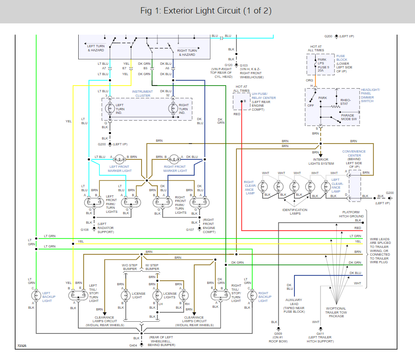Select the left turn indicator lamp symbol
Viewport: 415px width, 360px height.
tap(110, 108)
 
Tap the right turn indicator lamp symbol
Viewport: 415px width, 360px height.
tap(173, 108)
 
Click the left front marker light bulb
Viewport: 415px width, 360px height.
tap(119, 159)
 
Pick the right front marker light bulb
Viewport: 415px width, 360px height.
tap(174, 159)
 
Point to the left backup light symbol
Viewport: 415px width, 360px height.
tap(36, 295)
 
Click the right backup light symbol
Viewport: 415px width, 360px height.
tap(252, 295)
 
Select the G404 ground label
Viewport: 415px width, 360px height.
tap(133, 346)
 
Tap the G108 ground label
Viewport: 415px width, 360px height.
tap(85, 229)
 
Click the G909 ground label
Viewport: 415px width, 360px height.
tap(278, 334)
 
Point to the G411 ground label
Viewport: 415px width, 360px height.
tap(320, 334)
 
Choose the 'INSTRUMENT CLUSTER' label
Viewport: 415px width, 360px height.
tap(143, 94)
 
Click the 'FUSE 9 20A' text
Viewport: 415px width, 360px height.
tap(323, 69)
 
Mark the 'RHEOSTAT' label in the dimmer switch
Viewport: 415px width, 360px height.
tap(345, 102)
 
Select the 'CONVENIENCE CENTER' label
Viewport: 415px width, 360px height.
tap(354, 153)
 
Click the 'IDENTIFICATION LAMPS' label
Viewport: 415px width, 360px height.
tap(295, 211)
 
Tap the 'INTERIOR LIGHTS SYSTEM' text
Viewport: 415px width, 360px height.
tap(321, 162)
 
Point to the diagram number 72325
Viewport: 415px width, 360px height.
tap(22, 346)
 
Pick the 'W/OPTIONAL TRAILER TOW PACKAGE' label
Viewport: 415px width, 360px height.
tap(336, 312)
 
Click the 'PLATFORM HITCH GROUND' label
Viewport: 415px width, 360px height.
tap(351, 214)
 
